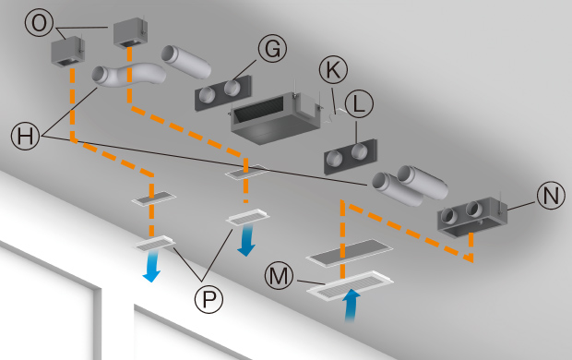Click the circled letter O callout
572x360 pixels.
(x=39, y=23)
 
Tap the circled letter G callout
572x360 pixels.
(x=272, y=48)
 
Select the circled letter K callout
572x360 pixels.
(x=333, y=69)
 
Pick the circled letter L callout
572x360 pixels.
(x=359, y=103)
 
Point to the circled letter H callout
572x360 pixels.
(x=25, y=136)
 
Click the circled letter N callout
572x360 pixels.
(x=551, y=196)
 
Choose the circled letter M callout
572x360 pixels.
(x=279, y=276)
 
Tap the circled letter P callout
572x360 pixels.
(x=209, y=299)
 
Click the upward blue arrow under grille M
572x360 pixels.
(x=352, y=306)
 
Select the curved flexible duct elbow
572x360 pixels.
(x=127, y=76)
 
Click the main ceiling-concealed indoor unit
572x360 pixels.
(x=276, y=117)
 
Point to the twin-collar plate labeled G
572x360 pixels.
(x=223, y=92)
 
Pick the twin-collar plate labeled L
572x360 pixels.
(x=351, y=156)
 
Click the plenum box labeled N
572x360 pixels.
(x=472, y=218)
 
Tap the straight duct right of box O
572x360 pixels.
(x=186, y=62)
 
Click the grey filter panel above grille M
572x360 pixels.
(x=349, y=253)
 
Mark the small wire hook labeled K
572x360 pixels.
(x=334, y=114)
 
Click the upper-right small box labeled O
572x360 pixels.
(x=130, y=33)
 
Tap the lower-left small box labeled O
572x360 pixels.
(x=68, y=52)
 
